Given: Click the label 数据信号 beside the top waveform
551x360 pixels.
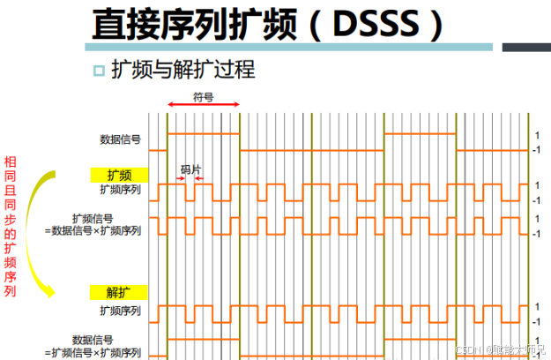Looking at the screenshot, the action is (121, 139).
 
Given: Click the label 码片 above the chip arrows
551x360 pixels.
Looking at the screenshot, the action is (191, 168).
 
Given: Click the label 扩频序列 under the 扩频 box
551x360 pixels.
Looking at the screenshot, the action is (120, 189).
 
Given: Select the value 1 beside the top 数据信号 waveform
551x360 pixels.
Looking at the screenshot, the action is (536, 135).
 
